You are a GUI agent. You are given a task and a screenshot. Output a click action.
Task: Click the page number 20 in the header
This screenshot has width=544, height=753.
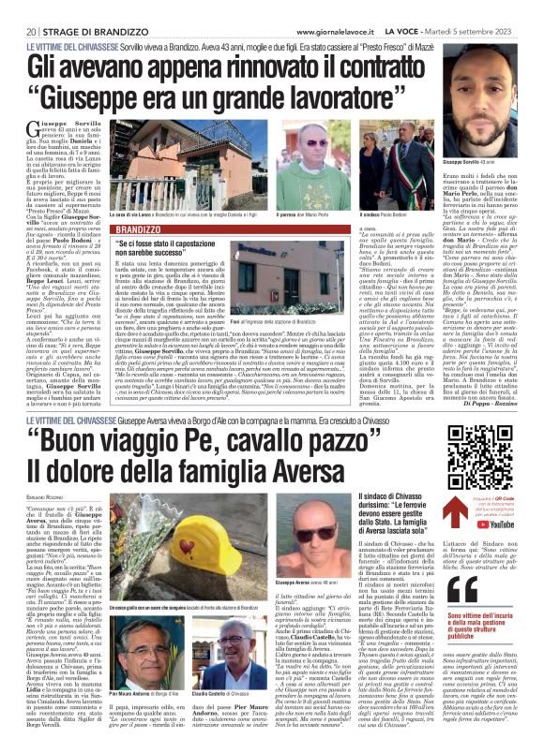pos(20,8)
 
